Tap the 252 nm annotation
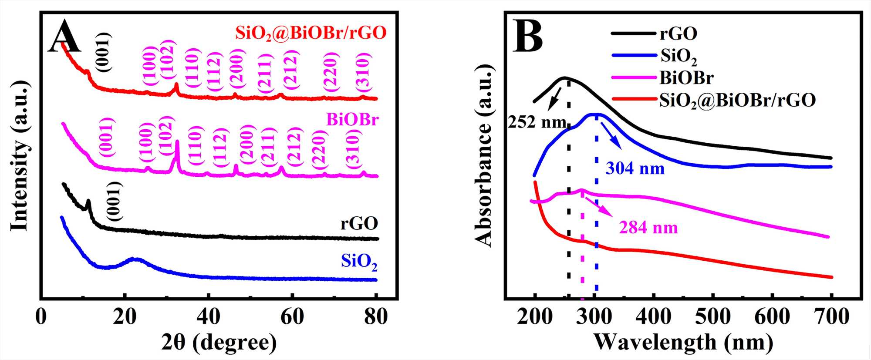537,122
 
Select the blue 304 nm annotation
635,168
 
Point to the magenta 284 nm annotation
648,228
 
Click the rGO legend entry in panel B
678,33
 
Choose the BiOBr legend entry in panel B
686,78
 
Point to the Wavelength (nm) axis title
683,343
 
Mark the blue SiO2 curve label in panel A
359,262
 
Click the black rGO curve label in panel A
359,223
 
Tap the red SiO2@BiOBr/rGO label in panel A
311,33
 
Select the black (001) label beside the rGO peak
115,202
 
